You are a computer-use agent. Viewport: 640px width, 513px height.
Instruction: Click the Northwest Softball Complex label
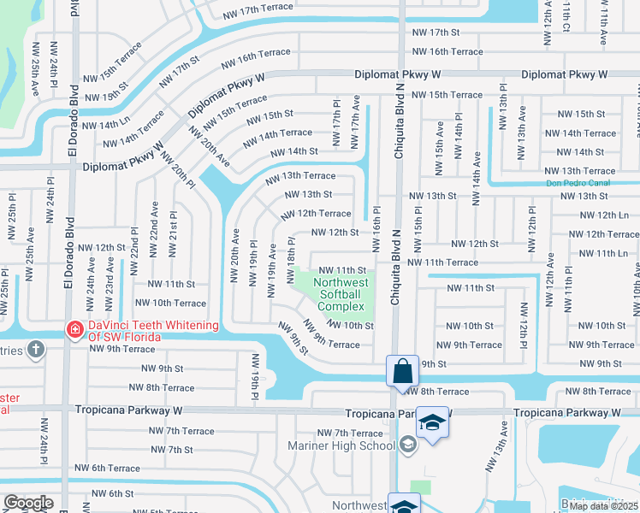click(341, 294)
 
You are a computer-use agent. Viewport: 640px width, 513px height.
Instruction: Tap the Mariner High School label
click(353, 445)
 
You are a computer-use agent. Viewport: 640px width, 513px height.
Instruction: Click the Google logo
click(28, 503)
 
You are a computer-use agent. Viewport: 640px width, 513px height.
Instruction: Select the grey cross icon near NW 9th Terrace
click(35, 349)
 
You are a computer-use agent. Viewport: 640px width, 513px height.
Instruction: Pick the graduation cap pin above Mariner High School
click(433, 423)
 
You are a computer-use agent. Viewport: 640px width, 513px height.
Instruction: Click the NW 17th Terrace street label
click(258, 11)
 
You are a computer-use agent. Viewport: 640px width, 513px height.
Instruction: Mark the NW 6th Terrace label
click(107, 468)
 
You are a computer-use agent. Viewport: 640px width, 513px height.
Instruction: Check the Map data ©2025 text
click(603, 506)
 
